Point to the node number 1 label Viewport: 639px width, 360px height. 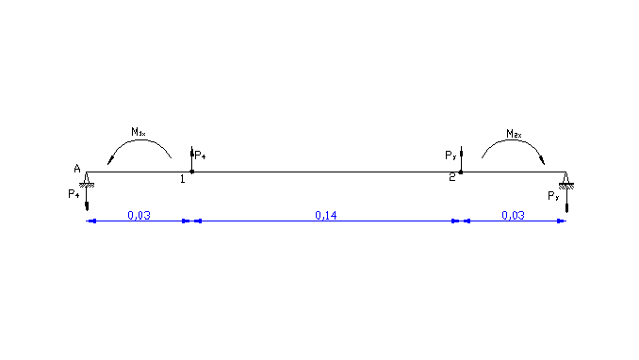pos(182,178)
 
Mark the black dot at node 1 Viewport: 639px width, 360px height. pos(191,172)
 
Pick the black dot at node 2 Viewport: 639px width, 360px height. pos(460,172)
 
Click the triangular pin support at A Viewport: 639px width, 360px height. pos(87,179)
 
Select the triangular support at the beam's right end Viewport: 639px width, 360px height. pos(566,179)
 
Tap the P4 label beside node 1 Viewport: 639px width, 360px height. pos(199,153)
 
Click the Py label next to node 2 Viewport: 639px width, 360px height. pos(450,155)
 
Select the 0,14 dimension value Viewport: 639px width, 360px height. pos(326,215)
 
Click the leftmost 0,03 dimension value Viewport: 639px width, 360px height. pos(139,215)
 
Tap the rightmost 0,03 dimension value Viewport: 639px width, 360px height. pos(513,215)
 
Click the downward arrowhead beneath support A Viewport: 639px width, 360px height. pos(87,207)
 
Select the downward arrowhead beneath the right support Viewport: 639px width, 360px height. pos(566,207)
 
